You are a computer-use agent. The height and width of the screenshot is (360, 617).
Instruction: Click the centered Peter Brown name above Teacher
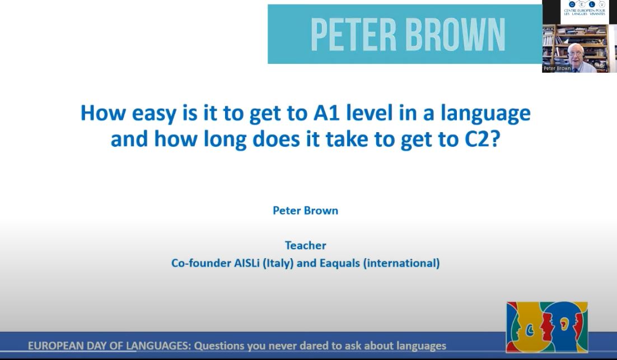pyautogui.click(x=305, y=211)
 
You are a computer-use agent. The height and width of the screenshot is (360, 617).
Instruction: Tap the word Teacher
pyautogui.click(x=305, y=245)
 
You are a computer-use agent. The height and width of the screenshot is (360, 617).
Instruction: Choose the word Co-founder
pyautogui.click(x=201, y=263)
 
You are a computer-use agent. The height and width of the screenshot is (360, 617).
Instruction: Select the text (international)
pyautogui.click(x=401, y=263)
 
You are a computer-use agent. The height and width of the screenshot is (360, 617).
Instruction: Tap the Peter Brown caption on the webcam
pyautogui.click(x=557, y=68)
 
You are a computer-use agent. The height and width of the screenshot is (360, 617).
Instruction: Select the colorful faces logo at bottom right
pyautogui.click(x=546, y=327)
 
